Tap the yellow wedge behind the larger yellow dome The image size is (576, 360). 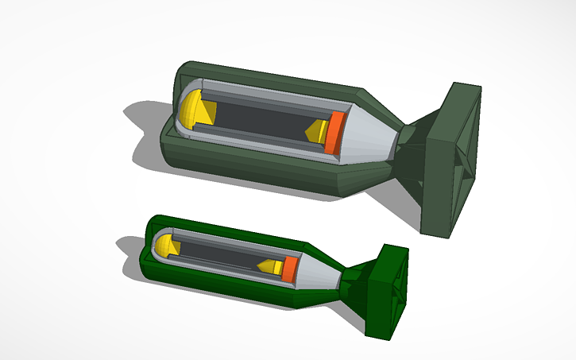point(208,112)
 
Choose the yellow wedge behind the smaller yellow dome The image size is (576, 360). point(176,248)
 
